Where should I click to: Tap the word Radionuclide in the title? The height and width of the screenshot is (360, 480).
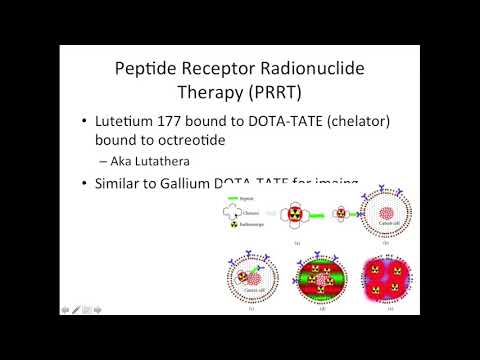click(x=328, y=70)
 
